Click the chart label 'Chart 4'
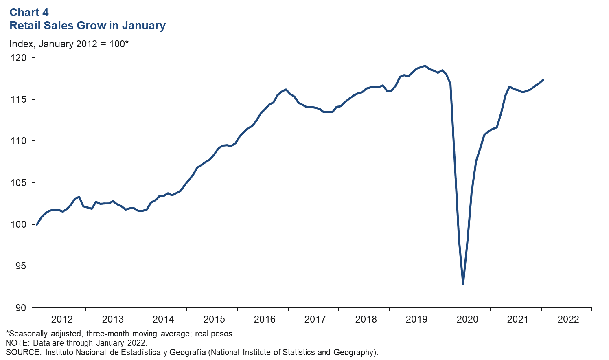[29, 13]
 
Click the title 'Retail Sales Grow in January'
[88, 26]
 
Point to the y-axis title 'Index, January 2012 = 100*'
[69, 44]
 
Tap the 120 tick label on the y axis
[18, 58]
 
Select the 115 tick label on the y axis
[18, 100]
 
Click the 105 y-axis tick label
[18, 183]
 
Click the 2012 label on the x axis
[62, 319]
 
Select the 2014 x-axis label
[163, 319]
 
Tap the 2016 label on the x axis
[265, 319]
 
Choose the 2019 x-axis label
[416, 319]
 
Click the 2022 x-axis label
[568, 319]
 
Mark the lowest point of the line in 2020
[463, 284]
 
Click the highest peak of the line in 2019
[425, 66]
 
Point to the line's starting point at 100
[37, 224]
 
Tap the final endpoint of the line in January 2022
[543, 80]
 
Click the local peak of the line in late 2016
[286, 89]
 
